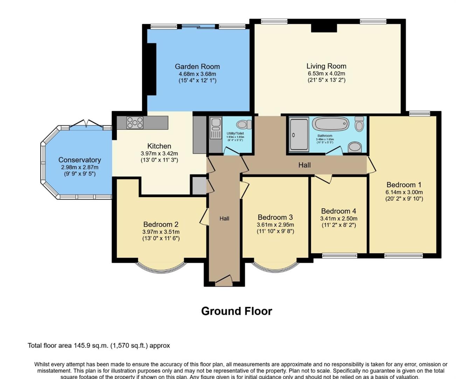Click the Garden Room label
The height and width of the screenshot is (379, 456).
(x=197, y=66)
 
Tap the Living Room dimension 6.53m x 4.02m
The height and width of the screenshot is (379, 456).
(x=326, y=74)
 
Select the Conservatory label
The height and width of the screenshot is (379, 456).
(x=80, y=160)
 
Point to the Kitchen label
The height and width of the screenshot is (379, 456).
(x=159, y=146)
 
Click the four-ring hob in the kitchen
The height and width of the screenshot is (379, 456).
(x=135, y=122)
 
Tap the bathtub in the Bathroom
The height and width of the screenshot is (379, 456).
(x=331, y=124)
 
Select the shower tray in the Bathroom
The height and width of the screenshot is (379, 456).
(x=299, y=134)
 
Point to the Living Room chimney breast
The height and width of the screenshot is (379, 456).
(x=324, y=28)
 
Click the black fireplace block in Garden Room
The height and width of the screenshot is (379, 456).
(x=151, y=69)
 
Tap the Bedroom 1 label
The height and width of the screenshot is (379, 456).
(x=404, y=185)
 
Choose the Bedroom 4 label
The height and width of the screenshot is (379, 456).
(x=339, y=211)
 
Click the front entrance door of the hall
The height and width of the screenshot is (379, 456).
(x=224, y=280)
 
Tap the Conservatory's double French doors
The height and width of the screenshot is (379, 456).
(x=86, y=125)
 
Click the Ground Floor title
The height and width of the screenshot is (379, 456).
(x=236, y=311)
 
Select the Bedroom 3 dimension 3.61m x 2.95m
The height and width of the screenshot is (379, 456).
(x=275, y=225)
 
